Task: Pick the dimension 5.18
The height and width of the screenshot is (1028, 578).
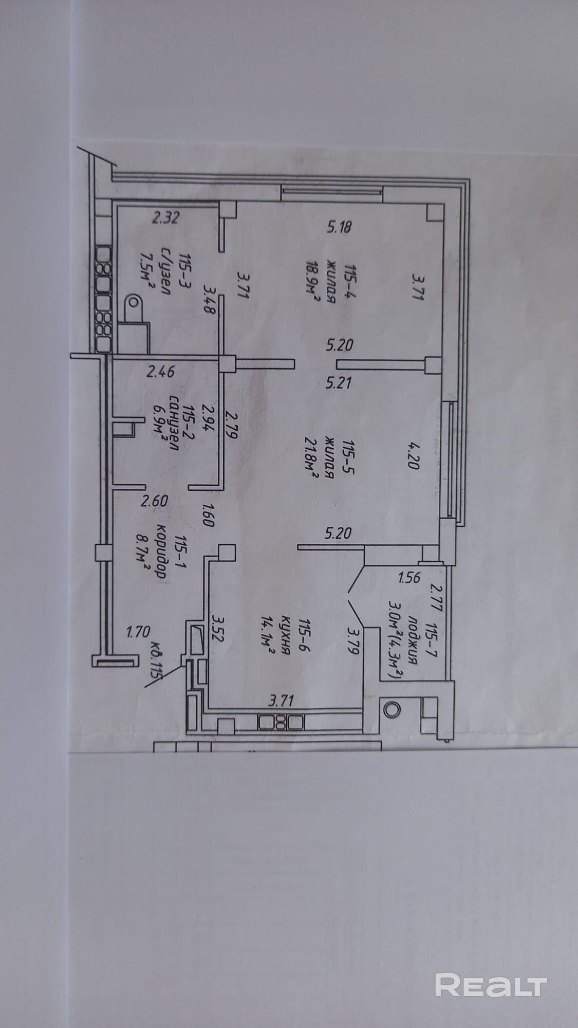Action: click(x=339, y=227)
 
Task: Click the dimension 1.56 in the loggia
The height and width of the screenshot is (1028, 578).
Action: click(x=409, y=577)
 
